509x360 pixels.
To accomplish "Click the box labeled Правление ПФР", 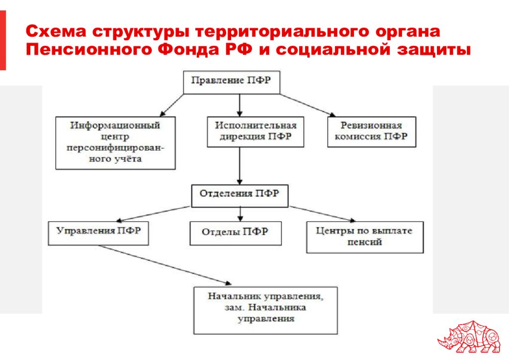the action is (232, 83).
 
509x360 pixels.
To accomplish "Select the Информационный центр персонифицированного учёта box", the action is (115, 143).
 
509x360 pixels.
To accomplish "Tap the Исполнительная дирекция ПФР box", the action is (255, 132).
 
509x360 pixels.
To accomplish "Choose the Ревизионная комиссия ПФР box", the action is (372, 132).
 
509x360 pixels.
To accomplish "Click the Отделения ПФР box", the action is (240, 196).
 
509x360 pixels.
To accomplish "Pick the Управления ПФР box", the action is (98, 233).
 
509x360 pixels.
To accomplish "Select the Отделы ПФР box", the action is (235, 233).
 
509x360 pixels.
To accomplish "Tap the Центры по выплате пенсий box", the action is (365, 237).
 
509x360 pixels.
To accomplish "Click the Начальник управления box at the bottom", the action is (265, 310).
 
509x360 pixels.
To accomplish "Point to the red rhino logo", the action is (469, 337).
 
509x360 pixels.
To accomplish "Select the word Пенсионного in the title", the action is (88, 50).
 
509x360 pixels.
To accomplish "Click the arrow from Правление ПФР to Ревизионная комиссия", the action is (308, 105).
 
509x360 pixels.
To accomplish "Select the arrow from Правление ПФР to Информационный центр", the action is (172, 105).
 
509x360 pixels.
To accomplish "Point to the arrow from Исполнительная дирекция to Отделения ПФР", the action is (240, 166).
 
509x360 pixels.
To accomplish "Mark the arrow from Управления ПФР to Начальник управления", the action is (164, 265).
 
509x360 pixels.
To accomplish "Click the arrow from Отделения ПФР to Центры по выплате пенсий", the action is (322, 214).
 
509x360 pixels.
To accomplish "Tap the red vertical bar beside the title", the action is (3, 40).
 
